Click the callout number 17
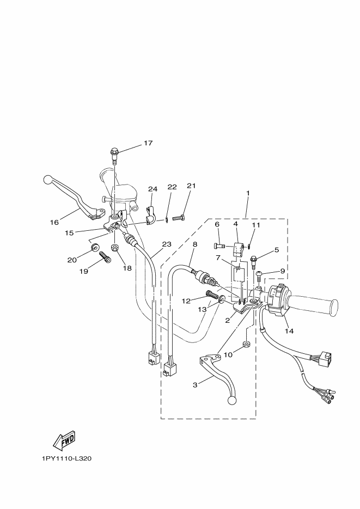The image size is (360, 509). tap(148, 143)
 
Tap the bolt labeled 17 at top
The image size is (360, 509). tap(114, 154)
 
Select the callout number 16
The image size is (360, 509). tap(54, 222)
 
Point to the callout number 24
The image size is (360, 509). tap(152, 189)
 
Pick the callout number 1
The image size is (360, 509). tap(247, 193)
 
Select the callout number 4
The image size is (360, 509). tap(236, 224)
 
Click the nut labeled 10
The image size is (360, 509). tap(246, 345)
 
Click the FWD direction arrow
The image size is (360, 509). tap(64, 439)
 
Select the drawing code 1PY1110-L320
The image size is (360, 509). tap(66, 458)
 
